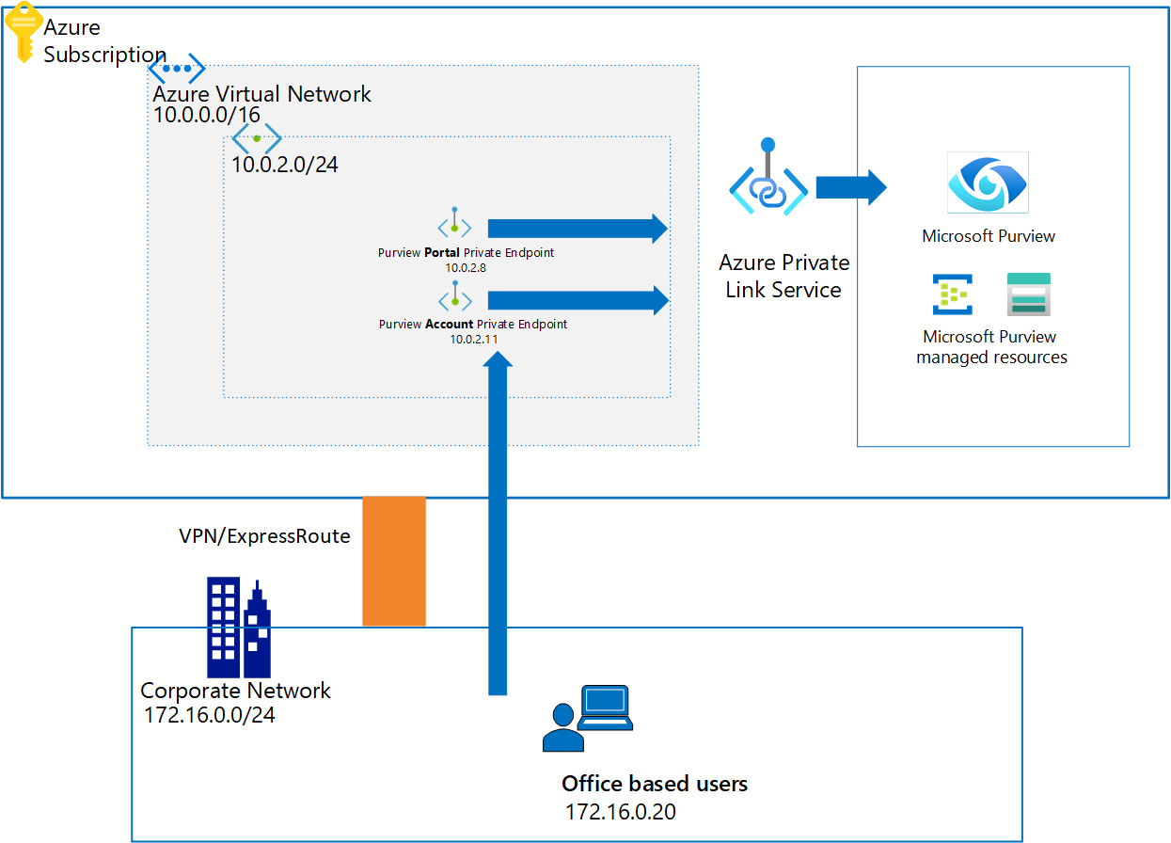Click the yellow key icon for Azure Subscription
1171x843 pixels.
pyautogui.click(x=23, y=31)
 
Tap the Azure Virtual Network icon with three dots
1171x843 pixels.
pyautogui.click(x=176, y=69)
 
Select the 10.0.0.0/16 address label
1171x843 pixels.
pyautogui.click(x=206, y=115)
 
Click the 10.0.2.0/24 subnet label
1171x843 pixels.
pyautogui.click(x=285, y=165)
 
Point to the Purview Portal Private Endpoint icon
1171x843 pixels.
pyautogui.click(x=454, y=225)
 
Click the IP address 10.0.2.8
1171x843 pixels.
pyautogui.click(x=466, y=268)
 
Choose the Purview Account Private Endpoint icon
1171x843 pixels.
pyautogui.click(x=454, y=298)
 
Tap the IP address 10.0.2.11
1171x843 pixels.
pyautogui.click(x=473, y=340)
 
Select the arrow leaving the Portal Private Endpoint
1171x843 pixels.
pyautogui.click(x=577, y=228)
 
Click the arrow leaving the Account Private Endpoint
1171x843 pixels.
pyautogui.click(x=577, y=300)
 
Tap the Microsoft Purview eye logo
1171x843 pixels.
pyautogui.click(x=988, y=183)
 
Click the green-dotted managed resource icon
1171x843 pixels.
pyautogui.click(x=952, y=294)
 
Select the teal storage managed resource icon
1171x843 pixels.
pyautogui.click(x=1028, y=294)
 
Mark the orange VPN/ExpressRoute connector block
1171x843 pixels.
pyautogui.click(x=394, y=561)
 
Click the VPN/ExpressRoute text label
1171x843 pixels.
pyautogui.click(x=264, y=536)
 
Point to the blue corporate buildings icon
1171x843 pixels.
pyautogui.click(x=239, y=628)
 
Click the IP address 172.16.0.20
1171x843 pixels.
pyautogui.click(x=620, y=812)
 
